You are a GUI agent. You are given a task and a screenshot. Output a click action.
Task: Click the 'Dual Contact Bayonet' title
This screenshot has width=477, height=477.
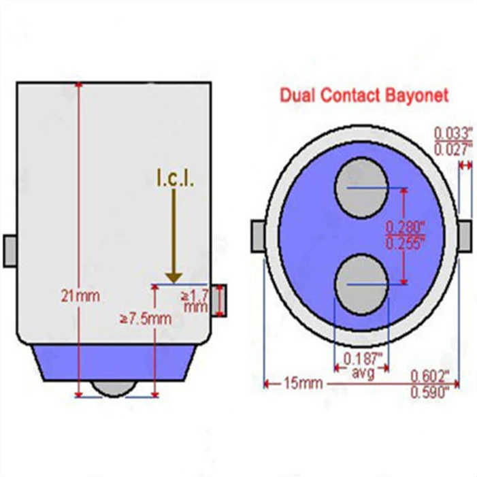(364, 95)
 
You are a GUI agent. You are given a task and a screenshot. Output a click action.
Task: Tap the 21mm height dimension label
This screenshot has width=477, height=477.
(80, 296)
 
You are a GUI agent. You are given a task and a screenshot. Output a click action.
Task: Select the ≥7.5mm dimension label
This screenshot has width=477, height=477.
(146, 319)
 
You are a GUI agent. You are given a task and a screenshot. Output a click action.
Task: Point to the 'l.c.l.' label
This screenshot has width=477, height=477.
(175, 178)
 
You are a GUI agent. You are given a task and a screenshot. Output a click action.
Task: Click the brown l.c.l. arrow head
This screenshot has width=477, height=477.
(174, 278)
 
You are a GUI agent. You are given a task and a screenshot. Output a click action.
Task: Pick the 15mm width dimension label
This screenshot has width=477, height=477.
(303, 383)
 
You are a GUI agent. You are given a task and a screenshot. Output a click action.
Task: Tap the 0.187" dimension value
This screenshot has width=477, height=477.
(363, 359)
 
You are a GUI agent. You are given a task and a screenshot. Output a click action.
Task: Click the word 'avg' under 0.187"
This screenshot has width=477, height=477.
(363, 373)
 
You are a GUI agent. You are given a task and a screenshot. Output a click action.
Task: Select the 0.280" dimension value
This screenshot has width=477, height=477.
(405, 227)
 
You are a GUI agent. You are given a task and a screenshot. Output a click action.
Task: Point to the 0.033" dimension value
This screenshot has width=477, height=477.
(453, 134)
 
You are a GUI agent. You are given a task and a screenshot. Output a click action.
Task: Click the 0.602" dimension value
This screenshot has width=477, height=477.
(430, 376)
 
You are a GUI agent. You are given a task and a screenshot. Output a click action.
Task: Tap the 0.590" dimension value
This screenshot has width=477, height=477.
(430, 393)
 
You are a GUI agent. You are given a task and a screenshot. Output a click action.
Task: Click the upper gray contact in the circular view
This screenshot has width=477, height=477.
(361, 188)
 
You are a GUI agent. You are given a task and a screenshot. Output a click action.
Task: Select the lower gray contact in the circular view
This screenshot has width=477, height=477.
(361, 284)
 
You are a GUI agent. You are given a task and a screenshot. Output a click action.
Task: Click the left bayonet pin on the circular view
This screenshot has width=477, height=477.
(258, 236)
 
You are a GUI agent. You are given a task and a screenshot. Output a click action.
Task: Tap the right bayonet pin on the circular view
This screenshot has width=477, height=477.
(465, 236)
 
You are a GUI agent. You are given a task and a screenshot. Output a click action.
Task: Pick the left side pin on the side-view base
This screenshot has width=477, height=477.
(10, 251)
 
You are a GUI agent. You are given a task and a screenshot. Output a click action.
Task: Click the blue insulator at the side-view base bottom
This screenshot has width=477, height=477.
(114, 363)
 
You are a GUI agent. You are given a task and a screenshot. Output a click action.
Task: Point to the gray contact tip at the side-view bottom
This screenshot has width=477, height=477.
(114, 389)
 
